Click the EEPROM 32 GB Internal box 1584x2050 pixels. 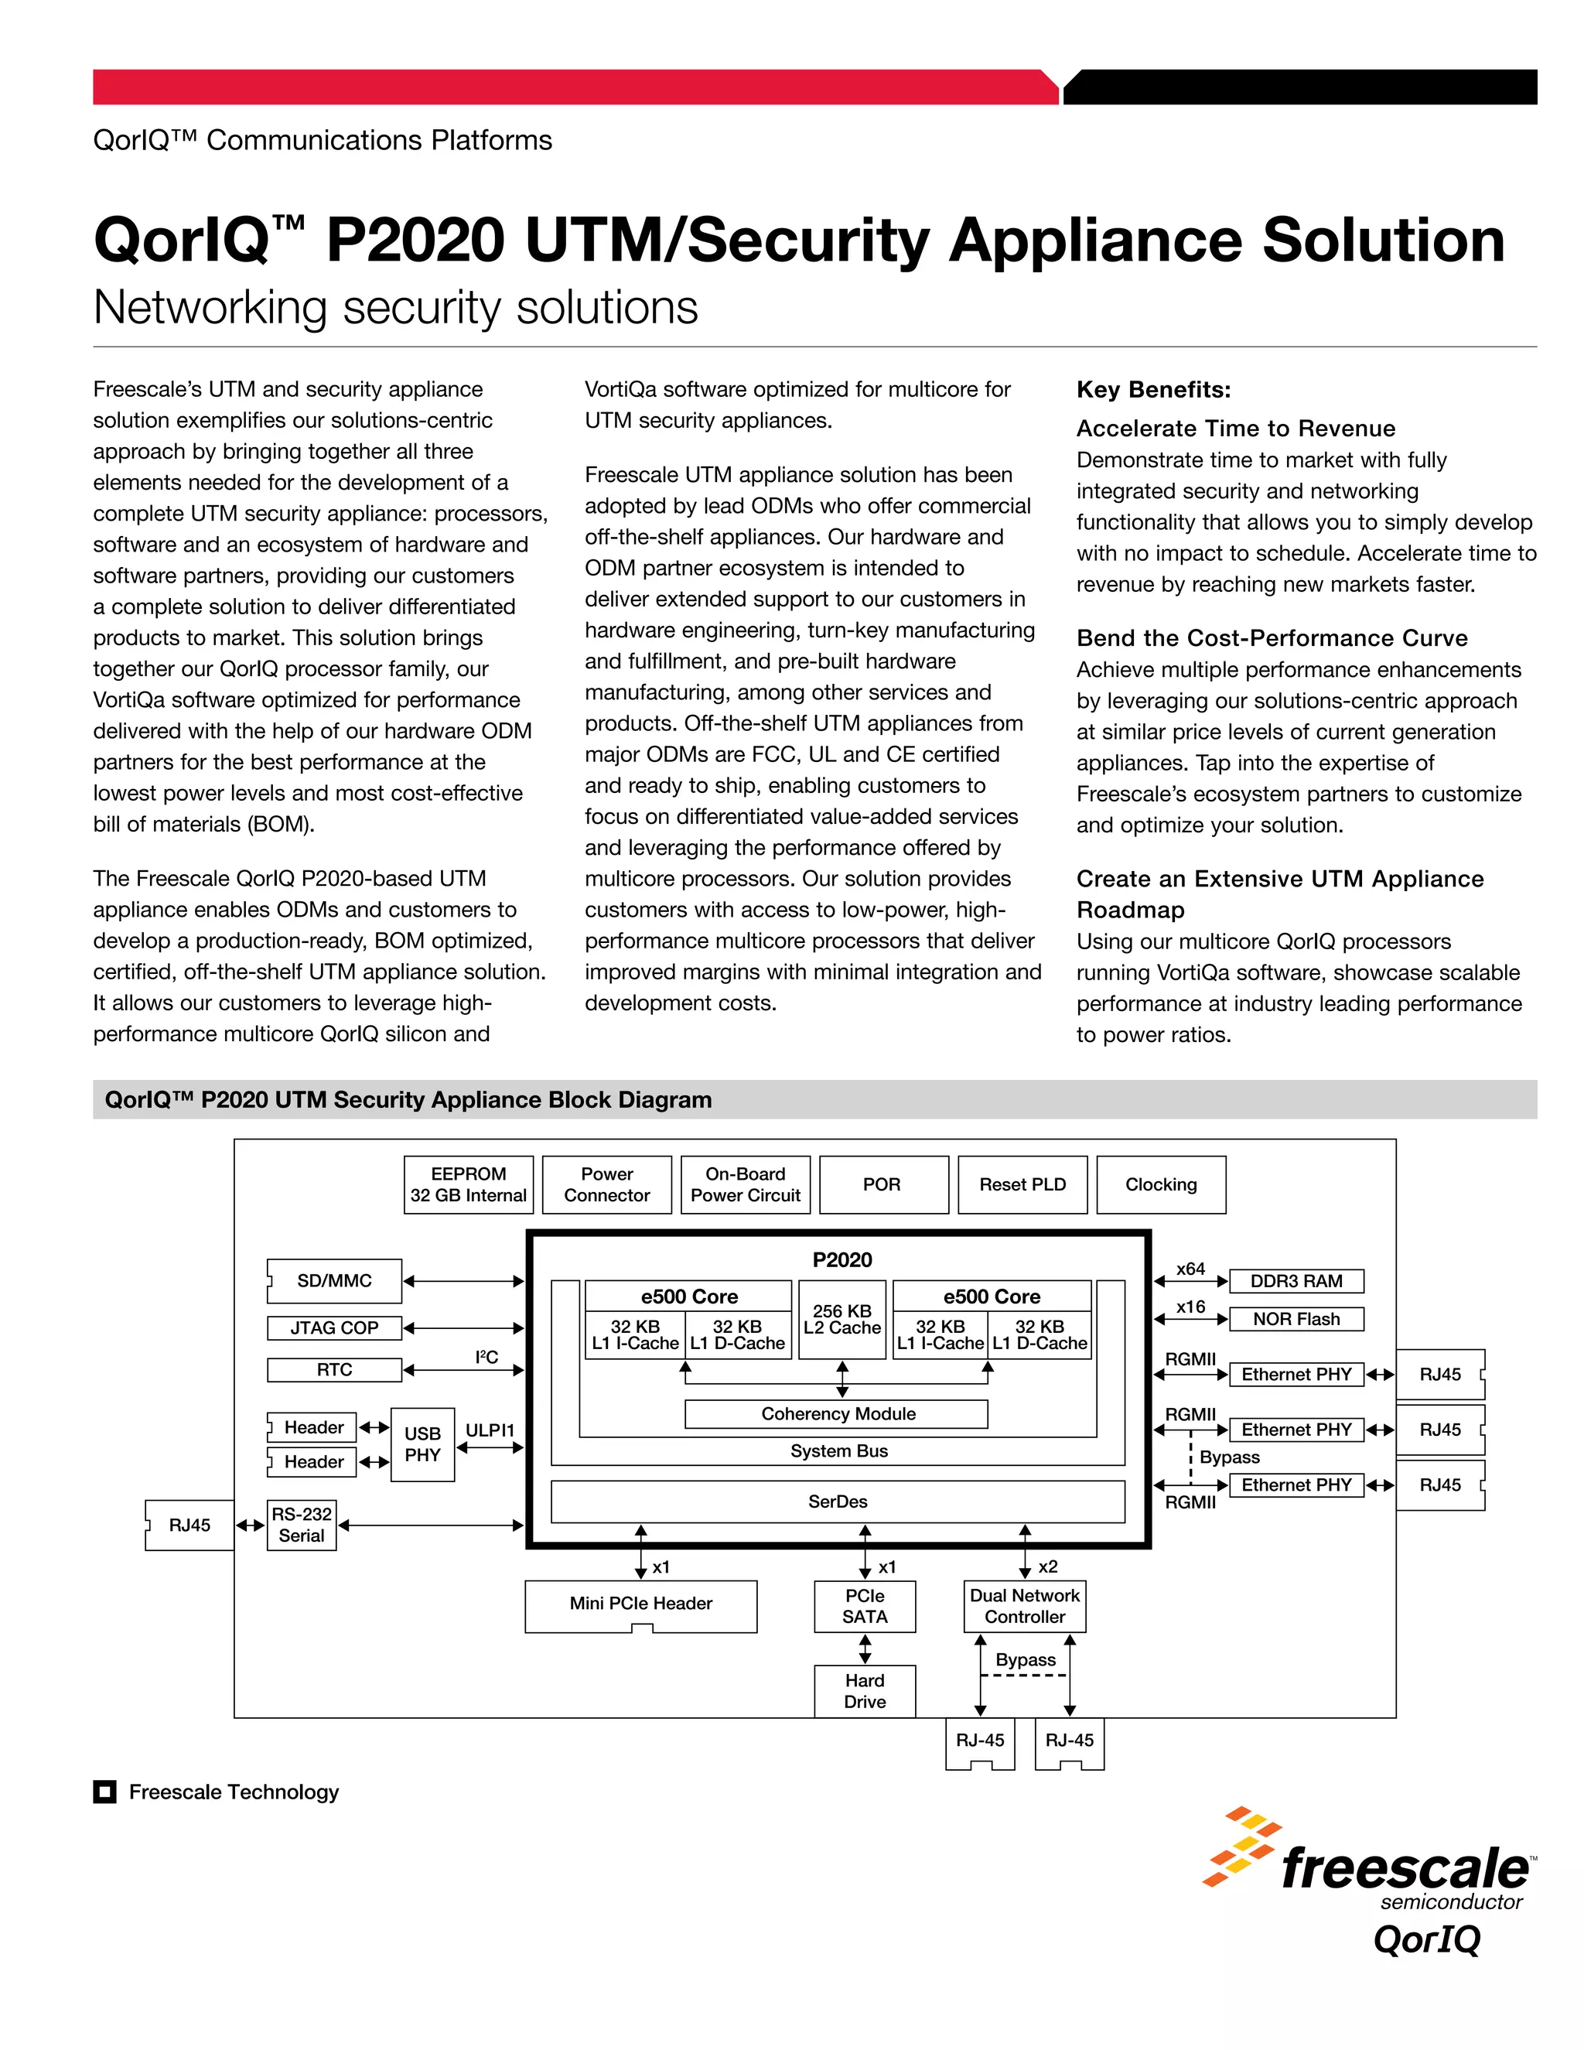click(468, 1184)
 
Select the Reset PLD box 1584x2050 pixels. click(1022, 1184)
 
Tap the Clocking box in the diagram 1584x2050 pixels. click(1161, 1184)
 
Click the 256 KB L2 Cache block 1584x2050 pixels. click(841, 1319)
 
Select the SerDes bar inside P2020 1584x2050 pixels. click(837, 1501)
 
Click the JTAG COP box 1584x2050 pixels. click(334, 1327)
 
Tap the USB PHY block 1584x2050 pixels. click(422, 1444)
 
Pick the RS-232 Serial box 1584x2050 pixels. click(301, 1525)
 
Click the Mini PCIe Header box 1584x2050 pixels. click(641, 1603)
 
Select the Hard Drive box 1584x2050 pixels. click(864, 1690)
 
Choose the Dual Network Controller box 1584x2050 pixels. click(1025, 1606)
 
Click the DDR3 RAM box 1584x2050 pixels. click(1296, 1281)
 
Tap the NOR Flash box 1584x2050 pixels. click(1296, 1319)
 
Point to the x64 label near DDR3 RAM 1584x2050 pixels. click(1190, 1269)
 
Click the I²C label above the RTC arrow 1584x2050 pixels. click(486, 1358)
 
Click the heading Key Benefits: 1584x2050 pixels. click(1153, 390)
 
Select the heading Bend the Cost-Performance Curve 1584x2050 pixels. click(1272, 638)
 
